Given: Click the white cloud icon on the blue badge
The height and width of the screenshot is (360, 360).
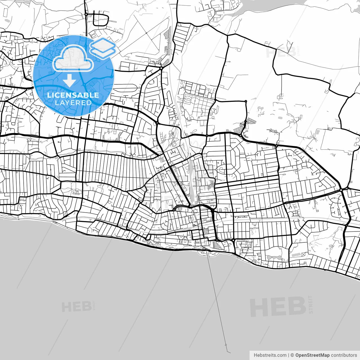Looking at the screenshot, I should pyautogui.click(x=73, y=58).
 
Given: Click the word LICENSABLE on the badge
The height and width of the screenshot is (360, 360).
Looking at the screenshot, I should pyautogui.click(x=73, y=95).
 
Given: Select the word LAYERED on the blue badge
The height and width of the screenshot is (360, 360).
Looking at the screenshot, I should pyautogui.click(x=73, y=103).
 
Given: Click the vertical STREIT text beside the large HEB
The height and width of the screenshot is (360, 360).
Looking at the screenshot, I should pyautogui.click(x=310, y=304).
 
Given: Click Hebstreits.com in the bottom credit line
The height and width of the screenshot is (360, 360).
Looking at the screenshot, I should pyautogui.click(x=270, y=355).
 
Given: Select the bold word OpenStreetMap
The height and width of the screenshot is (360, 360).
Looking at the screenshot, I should pyautogui.click(x=312, y=355).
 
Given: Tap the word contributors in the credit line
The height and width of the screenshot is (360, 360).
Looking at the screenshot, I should pyautogui.click(x=344, y=355).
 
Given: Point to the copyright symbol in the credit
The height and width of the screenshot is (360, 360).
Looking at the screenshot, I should pyautogui.click(x=292, y=355).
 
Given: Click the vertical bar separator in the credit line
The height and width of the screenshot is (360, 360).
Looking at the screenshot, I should pyautogui.click(x=289, y=355).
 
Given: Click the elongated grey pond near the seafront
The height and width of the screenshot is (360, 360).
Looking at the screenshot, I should pyautogui.click(x=272, y=257).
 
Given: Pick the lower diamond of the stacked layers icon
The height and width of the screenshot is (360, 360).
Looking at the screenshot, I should pyautogui.click(x=103, y=52).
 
